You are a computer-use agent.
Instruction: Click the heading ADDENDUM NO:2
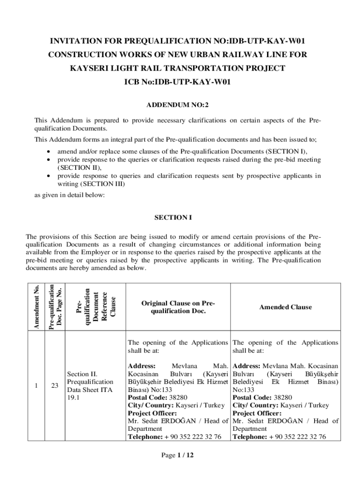180,106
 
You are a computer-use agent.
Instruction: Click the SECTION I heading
173,218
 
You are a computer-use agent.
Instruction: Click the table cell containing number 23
55,385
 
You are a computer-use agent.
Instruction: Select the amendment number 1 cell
36,385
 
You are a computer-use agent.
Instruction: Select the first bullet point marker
49,152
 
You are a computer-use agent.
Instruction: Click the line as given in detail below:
70,196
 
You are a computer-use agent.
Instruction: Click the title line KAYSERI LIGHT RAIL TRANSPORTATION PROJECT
178,68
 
